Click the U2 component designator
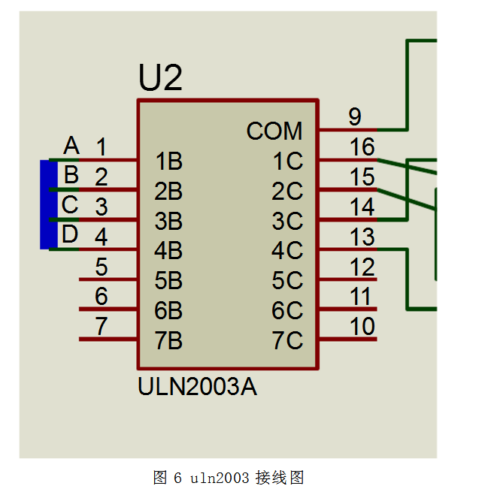click(x=160, y=78)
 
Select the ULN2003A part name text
click(x=198, y=387)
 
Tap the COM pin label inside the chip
click(x=274, y=131)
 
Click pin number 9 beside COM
click(x=355, y=116)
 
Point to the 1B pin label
click(x=168, y=161)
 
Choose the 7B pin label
click(x=168, y=341)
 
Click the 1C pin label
click(x=287, y=161)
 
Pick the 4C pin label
click(x=287, y=250)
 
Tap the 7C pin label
click(x=287, y=341)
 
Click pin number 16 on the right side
click(x=362, y=147)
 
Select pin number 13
click(x=362, y=237)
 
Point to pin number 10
click(x=362, y=327)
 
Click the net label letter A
click(x=71, y=145)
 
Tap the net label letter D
click(x=70, y=234)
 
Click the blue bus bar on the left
click(x=48, y=204)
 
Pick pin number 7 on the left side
click(x=101, y=327)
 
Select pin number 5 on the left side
click(x=101, y=267)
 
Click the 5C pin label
click(x=287, y=281)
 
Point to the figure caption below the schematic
click(x=228, y=477)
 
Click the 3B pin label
click(x=168, y=221)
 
